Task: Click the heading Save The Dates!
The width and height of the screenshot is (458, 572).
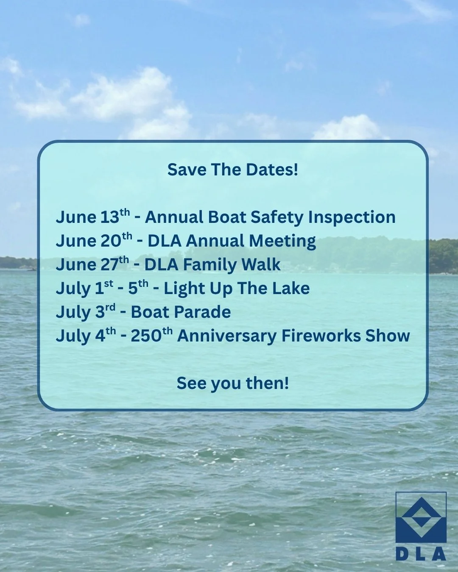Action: point(233,170)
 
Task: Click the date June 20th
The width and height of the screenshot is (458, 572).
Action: point(94,241)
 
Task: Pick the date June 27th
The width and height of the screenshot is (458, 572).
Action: point(92,264)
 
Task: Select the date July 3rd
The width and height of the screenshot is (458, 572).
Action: point(85,312)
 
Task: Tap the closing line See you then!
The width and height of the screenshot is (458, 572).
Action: point(233,383)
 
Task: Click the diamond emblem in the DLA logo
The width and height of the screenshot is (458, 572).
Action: point(421,517)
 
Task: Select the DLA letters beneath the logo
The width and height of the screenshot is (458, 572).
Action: point(421,554)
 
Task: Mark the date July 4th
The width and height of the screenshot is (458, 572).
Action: point(85,336)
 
